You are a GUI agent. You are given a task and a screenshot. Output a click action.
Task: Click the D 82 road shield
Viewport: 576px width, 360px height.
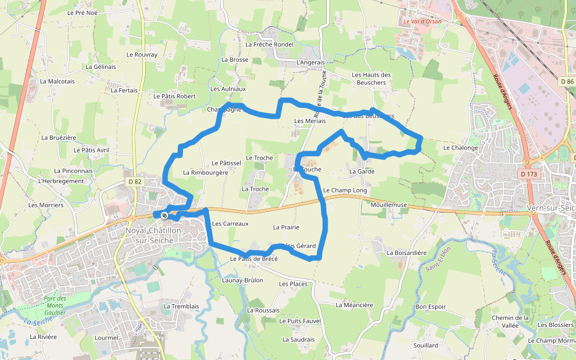tap(135, 181)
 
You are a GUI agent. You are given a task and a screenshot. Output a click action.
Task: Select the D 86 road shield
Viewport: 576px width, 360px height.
tap(567, 81)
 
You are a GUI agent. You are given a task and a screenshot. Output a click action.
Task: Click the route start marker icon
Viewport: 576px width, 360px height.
tap(164, 214)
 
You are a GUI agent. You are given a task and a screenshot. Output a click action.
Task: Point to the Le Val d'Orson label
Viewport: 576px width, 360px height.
tap(422, 22)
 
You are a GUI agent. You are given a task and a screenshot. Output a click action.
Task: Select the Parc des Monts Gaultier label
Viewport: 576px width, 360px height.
tap(63, 305)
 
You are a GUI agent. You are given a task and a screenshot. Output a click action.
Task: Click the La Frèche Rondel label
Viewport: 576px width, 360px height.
tap(269, 44)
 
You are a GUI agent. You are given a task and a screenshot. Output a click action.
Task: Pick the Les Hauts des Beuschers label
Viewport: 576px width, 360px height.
tap(371, 79)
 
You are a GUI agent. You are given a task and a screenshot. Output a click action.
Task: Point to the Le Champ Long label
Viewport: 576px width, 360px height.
tap(344, 190)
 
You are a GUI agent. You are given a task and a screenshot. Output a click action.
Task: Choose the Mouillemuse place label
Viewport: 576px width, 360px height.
tap(389, 205)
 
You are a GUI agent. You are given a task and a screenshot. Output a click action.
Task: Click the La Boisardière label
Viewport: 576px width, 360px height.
tap(407, 253)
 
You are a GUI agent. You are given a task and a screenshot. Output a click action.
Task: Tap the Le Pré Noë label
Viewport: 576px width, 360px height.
tap(82, 12)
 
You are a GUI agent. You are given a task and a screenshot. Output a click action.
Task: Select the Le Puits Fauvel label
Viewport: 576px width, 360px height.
tap(300, 321)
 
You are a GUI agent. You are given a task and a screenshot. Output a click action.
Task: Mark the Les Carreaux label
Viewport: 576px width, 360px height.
tap(230, 224)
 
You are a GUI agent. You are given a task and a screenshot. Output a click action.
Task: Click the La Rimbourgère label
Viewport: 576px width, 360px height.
tap(205, 172)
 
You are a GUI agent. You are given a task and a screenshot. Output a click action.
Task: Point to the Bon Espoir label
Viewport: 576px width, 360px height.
tap(430, 307)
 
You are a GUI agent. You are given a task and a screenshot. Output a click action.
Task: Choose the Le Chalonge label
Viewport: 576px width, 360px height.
tap(460, 148)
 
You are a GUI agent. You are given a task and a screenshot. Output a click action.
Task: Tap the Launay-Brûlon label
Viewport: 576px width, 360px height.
tap(242, 280)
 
